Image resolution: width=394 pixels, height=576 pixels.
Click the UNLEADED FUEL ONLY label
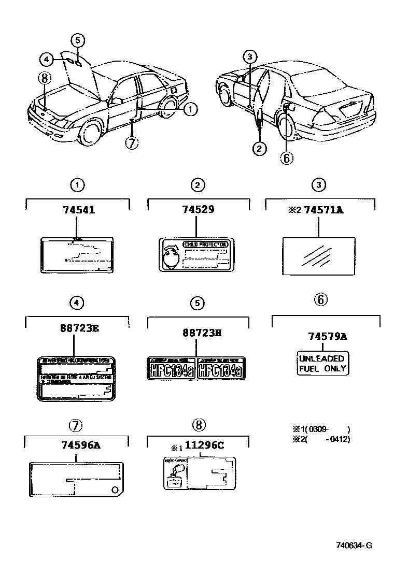click(322, 364)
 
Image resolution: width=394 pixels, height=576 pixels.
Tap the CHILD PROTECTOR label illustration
click(196, 255)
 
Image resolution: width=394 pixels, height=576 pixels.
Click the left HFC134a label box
click(172, 368)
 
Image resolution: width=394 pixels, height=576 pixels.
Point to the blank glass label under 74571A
click(318, 255)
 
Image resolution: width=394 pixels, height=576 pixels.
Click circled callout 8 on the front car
click(45, 78)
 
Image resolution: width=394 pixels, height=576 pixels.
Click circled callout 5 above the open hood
click(77, 39)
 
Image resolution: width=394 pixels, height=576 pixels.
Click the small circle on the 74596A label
click(115, 490)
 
